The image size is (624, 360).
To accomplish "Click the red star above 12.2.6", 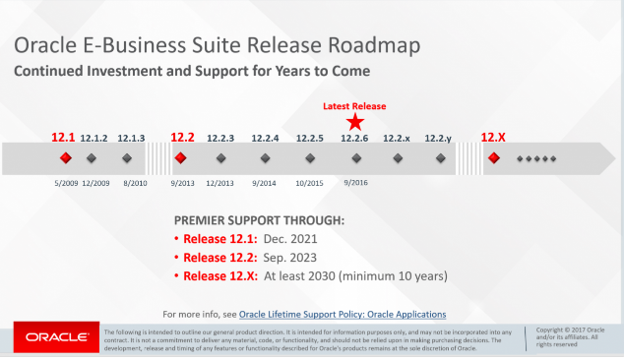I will point(355,121).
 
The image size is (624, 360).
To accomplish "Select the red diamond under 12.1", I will point(65,157).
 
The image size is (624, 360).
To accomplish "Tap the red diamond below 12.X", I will point(493,157).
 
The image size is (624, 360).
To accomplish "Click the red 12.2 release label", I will point(182,138).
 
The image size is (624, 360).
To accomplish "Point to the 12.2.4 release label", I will point(266,139).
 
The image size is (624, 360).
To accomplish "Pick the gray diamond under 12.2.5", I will point(309,157).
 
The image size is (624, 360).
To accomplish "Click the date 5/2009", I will point(65,182).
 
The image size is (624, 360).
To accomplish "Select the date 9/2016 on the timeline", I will point(355,182).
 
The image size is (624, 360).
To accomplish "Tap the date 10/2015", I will point(309,182).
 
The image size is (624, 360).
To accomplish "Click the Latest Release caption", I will point(355,105).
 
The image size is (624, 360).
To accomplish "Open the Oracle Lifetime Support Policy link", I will point(343,314).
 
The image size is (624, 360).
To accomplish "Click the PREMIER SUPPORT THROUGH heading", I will point(259,220).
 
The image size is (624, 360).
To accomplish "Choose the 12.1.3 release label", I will point(131,139).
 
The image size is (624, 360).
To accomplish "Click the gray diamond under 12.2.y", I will point(439,157).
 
